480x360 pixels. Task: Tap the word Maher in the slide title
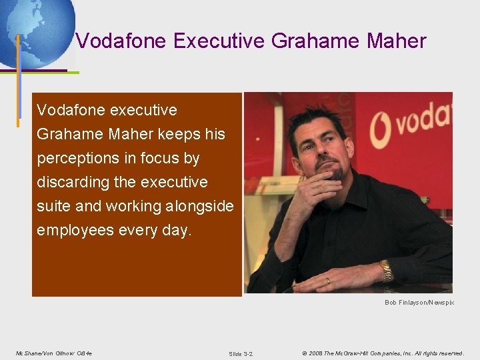(x=396, y=41)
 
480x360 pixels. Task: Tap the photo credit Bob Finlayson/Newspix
(x=419, y=302)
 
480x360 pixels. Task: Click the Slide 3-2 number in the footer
(x=241, y=353)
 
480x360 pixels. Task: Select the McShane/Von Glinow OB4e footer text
(x=54, y=353)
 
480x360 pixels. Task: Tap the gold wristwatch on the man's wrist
(x=386, y=271)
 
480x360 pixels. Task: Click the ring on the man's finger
(x=327, y=281)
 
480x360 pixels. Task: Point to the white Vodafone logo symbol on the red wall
(x=380, y=127)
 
